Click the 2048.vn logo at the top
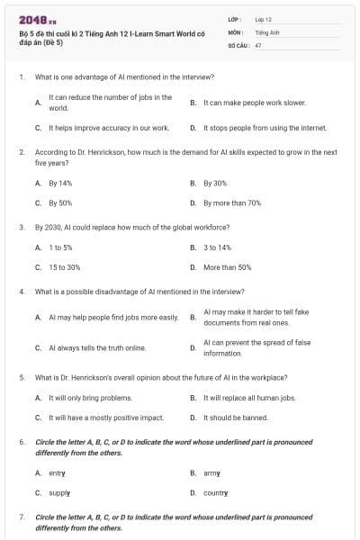coord(32,20)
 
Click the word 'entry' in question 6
coord(57,472)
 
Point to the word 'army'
coord(212,472)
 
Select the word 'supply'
coord(59,492)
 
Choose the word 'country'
coord(216,492)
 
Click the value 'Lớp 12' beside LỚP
coord(264,19)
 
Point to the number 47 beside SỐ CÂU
coord(258,44)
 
